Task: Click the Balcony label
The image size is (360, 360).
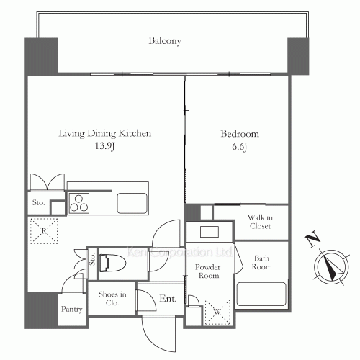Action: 165,41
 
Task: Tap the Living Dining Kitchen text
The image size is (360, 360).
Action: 105,133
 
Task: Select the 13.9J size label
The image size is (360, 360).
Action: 104,146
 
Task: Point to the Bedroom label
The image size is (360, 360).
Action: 240,134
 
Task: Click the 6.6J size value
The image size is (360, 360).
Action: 239,147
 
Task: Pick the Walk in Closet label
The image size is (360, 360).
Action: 260,222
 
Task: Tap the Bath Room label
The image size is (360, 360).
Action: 261,263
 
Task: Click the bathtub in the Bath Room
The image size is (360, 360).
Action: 261,294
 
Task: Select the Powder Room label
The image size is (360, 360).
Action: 208,271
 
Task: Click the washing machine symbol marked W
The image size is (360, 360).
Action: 217,312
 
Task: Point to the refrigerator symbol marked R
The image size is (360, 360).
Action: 44,231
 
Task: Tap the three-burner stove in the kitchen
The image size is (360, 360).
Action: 79,203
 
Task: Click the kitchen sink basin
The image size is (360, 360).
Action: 132,203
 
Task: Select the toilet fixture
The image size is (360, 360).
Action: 112,264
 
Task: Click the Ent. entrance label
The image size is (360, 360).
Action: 168,299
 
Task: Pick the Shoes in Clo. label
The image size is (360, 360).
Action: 112,299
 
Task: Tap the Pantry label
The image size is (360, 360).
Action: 72,309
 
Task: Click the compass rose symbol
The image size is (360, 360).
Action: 331,266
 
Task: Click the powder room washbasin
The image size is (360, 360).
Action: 210,232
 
